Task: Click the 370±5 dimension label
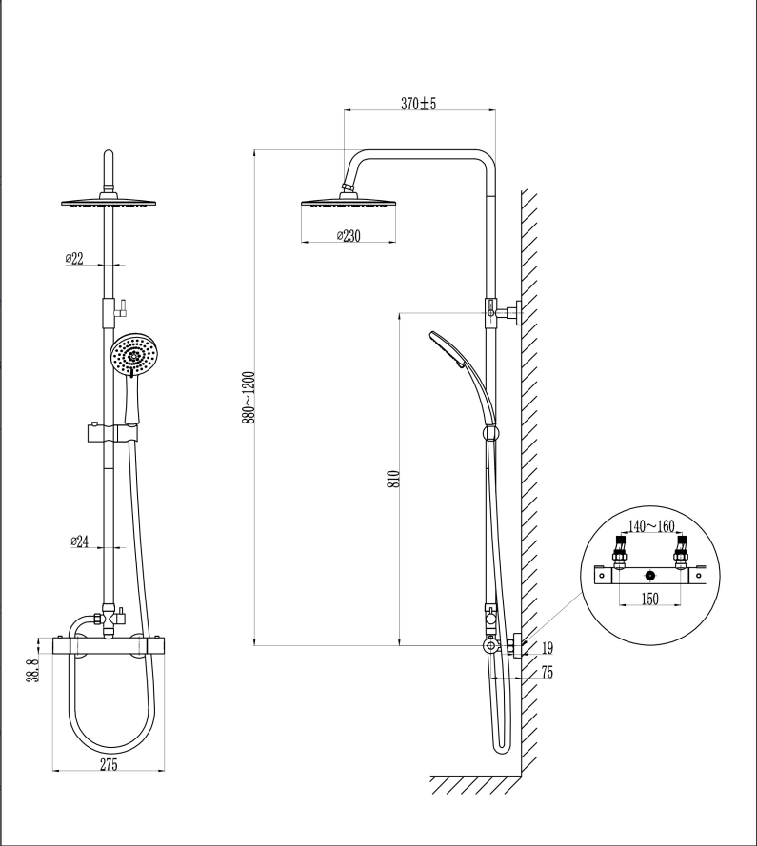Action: point(418,104)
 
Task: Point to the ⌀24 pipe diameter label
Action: point(81,541)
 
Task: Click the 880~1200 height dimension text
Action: point(249,397)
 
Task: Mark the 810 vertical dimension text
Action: point(393,478)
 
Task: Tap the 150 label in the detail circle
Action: point(650,599)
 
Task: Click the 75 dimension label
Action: point(547,672)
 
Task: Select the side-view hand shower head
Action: point(446,347)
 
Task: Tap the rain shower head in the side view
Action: point(349,203)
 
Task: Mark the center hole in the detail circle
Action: point(650,576)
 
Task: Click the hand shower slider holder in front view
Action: point(108,434)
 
